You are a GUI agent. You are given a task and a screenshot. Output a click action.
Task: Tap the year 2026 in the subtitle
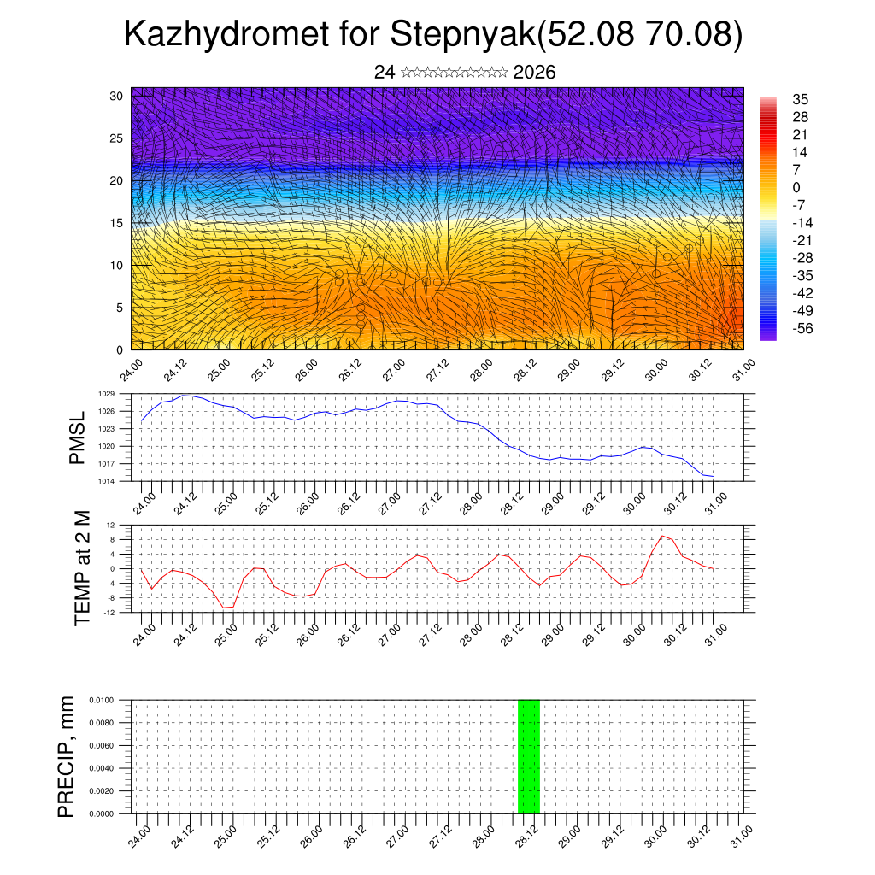[534, 73]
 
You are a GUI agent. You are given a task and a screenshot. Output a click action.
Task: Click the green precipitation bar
[528, 756]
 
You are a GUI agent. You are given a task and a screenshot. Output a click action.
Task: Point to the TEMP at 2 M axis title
[82, 567]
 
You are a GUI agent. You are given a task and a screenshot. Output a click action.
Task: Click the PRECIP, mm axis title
[66, 756]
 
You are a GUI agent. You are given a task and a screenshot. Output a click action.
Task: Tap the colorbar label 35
[801, 99]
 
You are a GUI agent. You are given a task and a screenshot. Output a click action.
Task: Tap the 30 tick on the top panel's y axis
[116, 96]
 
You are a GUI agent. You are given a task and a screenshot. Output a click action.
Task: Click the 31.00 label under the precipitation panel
[742, 834]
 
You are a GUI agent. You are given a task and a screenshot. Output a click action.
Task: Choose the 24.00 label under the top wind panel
[130, 370]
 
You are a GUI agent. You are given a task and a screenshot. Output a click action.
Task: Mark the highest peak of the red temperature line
[662, 536]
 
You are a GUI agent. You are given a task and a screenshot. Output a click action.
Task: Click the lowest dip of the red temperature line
[226, 608]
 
